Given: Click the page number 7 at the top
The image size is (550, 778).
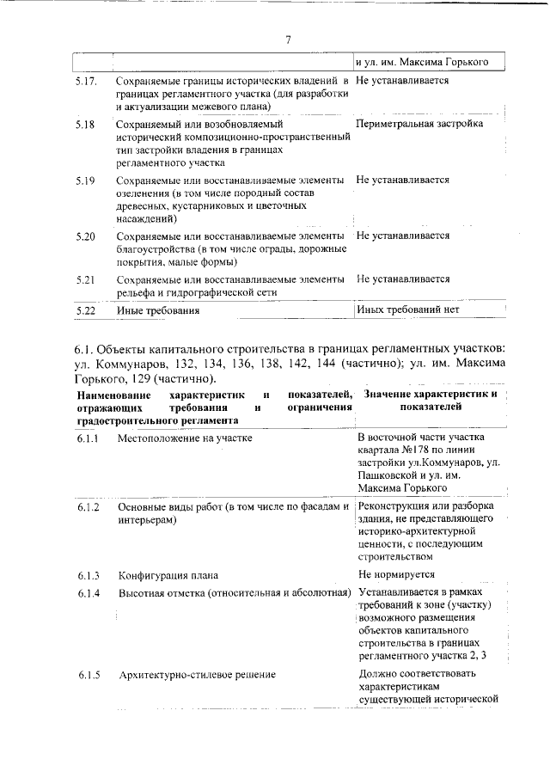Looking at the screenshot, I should point(289,39).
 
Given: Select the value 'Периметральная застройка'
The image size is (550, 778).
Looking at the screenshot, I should point(419,125).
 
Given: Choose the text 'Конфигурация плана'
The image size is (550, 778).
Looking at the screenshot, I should point(168,575).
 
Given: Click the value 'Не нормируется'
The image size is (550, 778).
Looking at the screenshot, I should point(396,574).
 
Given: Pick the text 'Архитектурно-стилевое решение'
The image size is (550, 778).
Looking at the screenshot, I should point(197,675).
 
